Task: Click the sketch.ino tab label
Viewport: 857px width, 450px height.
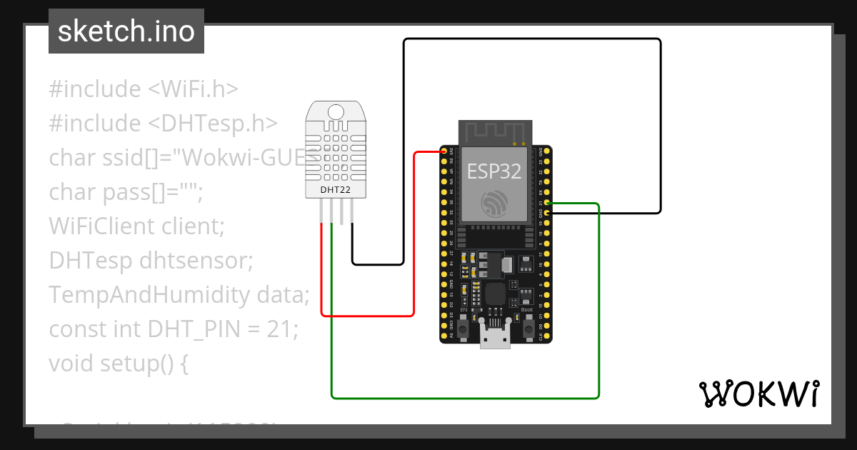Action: [x=126, y=31]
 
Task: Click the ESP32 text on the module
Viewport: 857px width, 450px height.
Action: [x=494, y=171]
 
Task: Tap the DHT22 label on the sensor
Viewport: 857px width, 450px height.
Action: [x=334, y=190]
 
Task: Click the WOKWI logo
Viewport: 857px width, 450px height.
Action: [x=758, y=394]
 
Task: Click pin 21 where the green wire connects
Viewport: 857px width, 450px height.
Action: [x=547, y=204]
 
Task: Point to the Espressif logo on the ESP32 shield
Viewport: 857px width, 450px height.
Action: [x=494, y=205]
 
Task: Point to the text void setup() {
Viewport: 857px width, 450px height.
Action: [x=119, y=364]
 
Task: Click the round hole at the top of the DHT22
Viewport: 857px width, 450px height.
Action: [x=335, y=111]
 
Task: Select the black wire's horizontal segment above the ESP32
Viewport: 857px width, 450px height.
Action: [x=532, y=40]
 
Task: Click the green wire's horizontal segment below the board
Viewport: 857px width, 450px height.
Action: [x=464, y=397]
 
